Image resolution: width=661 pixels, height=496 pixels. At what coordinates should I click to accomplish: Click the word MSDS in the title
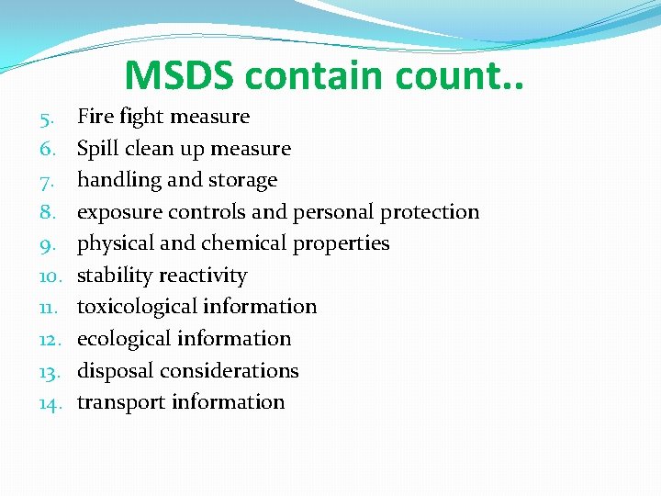(x=180, y=76)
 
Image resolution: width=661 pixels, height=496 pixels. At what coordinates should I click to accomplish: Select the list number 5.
(x=50, y=118)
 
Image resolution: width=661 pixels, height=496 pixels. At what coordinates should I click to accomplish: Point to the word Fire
(x=95, y=117)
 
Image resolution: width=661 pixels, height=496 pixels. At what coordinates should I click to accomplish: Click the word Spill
(x=96, y=149)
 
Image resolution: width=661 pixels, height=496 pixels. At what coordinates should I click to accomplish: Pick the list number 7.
(x=50, y=181)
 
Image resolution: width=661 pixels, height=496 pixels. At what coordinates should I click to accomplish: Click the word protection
(x=430, y=212)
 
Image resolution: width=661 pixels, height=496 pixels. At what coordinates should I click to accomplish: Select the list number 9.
(x=50, y=244)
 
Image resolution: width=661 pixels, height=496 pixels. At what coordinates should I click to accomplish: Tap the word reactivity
(x=203, y=276)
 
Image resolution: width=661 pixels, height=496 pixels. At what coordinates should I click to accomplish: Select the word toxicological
(x=137, y=307)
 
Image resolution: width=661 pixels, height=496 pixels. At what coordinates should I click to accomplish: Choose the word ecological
(x=124, y=339)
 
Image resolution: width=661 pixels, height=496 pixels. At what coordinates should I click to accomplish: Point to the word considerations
(x=241, y=371)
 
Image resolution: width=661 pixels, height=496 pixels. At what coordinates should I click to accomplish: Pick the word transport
(x=120, y=402)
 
